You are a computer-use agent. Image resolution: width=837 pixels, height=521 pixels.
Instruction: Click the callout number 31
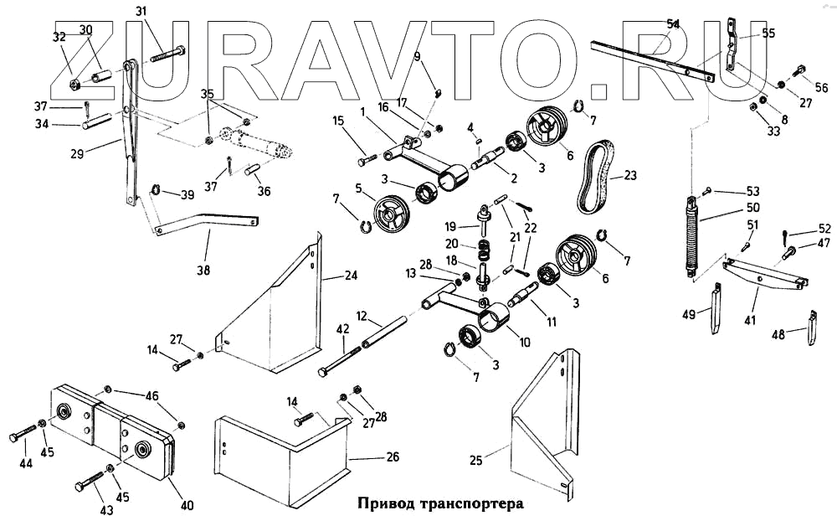[140, 11]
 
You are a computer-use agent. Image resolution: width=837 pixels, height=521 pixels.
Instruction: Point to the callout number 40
[187, 505]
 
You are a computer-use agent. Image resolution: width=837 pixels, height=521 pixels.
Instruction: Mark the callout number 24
[351, 275]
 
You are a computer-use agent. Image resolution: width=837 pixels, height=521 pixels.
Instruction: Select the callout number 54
[673, 24]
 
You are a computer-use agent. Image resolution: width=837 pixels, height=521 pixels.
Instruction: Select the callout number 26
[392, 457]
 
